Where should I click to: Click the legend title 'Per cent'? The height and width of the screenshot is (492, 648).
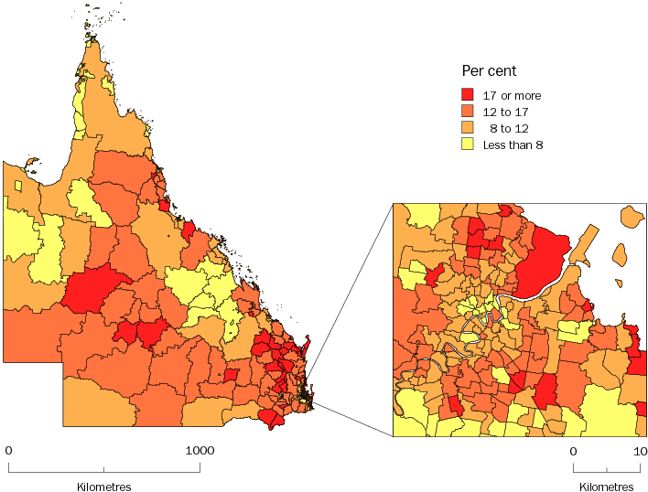click(490, 71)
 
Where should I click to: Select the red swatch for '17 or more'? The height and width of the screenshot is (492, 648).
click(467, 95)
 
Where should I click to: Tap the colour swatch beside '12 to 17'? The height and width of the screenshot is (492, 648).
click(467, 112)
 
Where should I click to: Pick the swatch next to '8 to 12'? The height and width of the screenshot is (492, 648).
click(467, 128)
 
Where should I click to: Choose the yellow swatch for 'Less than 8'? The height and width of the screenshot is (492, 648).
click(467, 144)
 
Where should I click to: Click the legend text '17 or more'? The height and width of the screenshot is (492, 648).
click(512, 96)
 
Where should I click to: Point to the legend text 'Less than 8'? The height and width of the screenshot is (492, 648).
click(513, 145)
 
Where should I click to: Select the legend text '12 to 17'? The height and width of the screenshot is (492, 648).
click(505, 112)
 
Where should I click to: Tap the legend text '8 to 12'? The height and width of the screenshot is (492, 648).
click(508, 129)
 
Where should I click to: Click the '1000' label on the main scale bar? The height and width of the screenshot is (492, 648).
click(200, 450)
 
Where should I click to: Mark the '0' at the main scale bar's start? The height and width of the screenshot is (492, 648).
click(8, 450)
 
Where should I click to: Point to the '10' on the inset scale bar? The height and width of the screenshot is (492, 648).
click(641, 451)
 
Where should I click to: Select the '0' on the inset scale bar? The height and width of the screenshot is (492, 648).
click(573, 451)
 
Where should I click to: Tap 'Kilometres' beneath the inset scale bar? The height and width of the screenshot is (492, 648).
click(606, 487)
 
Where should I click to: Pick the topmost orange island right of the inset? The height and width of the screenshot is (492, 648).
click(629, 218)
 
